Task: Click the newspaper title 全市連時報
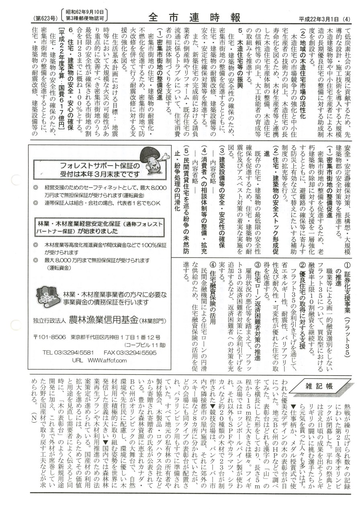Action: tap(194, 17)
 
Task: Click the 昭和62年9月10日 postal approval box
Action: tap(85, 15)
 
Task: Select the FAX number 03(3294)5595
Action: tap(129, 341)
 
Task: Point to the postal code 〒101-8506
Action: tap(48, 325)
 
